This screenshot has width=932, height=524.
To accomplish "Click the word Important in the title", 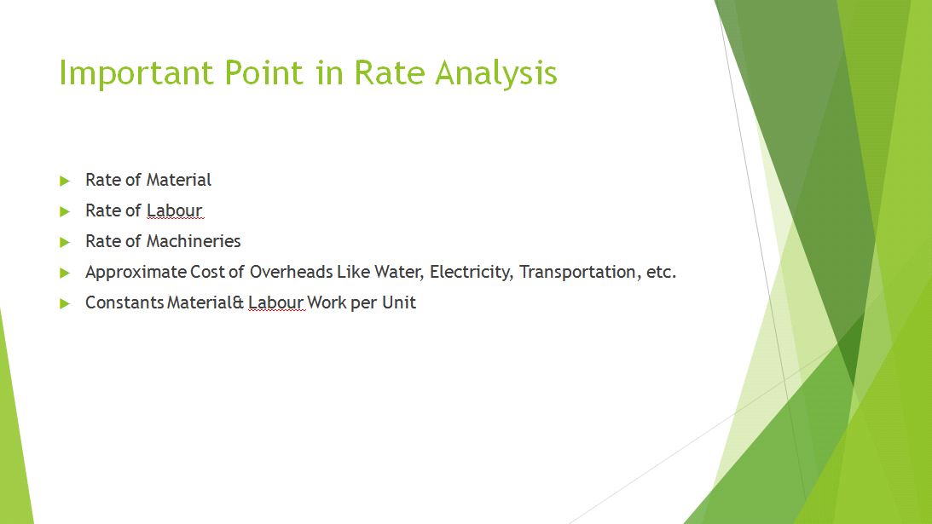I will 136,73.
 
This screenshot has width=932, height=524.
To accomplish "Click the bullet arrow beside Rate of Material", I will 64,181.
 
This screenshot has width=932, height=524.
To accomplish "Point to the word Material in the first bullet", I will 179,180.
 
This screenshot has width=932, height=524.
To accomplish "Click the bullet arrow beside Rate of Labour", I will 64,211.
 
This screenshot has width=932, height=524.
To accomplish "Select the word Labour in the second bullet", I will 174,210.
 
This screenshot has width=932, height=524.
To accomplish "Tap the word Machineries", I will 194,241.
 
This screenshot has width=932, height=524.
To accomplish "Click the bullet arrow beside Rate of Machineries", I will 64,242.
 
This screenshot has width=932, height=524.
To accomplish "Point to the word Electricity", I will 471,272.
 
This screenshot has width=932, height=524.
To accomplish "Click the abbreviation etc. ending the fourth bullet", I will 661,272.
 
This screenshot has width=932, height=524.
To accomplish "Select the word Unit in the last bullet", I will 399,302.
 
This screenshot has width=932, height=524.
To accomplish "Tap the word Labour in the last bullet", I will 275,302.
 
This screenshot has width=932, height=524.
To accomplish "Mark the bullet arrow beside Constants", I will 64,303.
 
